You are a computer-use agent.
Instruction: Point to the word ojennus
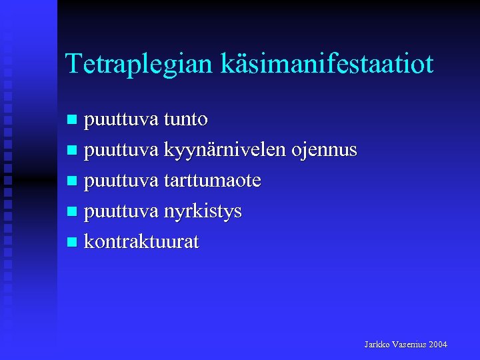tap(324, 151)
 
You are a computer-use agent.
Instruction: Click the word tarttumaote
tap(212, 181)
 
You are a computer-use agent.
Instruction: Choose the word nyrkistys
tap(203, 212)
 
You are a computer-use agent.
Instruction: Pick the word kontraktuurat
tap(141, 242)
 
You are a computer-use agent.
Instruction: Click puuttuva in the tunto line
tap(121, 121)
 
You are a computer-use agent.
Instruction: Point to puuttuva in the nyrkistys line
tap(121, 212)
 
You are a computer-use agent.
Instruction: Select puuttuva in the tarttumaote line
tap(121, 181)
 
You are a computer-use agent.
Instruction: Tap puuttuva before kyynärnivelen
tap(121, 151)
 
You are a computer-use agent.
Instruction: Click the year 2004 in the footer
tap(439, 345)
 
